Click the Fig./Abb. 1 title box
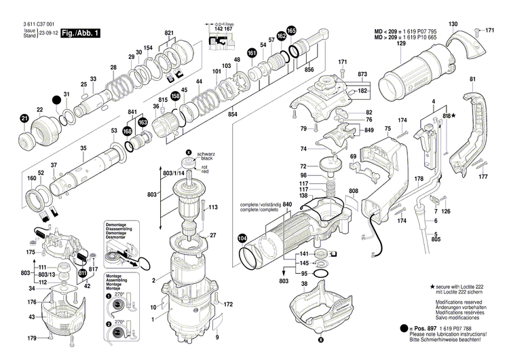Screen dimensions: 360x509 79,33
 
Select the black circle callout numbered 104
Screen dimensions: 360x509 242,238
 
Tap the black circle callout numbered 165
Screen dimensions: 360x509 291,31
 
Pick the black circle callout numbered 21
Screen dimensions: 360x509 24,120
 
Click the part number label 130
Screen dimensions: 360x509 453,24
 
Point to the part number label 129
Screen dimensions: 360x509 401,43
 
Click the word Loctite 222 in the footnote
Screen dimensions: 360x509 470,287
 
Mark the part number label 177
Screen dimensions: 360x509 483,177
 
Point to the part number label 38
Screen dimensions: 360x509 304,283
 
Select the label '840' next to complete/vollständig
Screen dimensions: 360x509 287,204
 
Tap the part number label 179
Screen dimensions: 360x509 31,338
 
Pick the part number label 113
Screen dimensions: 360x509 212,207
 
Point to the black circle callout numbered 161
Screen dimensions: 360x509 252,54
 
